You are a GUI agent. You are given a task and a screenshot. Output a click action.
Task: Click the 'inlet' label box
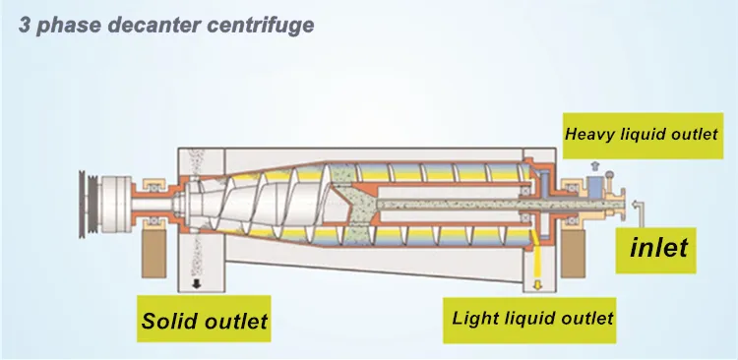coord(658,248)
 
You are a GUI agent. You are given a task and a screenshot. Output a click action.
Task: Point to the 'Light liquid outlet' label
coord(532,318)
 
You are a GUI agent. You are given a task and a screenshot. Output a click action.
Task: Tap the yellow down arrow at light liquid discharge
coord(537,284)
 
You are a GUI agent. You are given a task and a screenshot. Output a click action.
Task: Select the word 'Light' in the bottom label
coord(474,318)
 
